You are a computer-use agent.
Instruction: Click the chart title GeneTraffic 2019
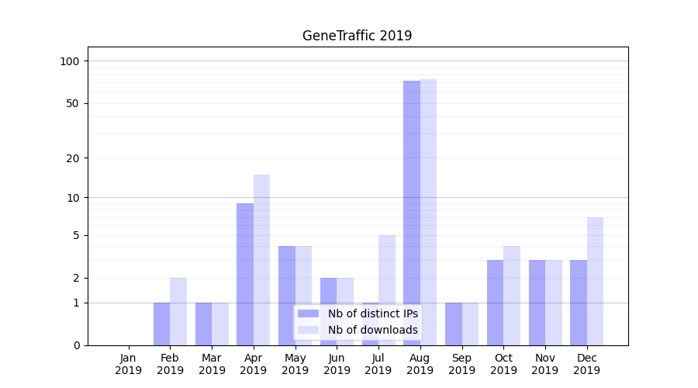[357, 36]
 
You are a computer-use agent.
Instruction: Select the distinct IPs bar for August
[412, 213]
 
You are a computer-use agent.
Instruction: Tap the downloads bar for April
[261, 259]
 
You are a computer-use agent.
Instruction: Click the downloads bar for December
[595, 281]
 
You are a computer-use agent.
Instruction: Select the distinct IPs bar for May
[287, 295]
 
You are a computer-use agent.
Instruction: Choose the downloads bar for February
[178, 311]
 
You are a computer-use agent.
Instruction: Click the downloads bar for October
[512, 295]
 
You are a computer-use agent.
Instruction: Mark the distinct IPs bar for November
[537, 302]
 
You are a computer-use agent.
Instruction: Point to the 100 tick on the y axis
[74, 61]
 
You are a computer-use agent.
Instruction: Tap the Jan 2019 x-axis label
[129, 364]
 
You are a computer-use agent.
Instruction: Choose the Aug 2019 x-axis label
[420, 364]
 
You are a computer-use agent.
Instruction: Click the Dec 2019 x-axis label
[587, 364]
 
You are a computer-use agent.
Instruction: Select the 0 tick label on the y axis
[77, 345]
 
